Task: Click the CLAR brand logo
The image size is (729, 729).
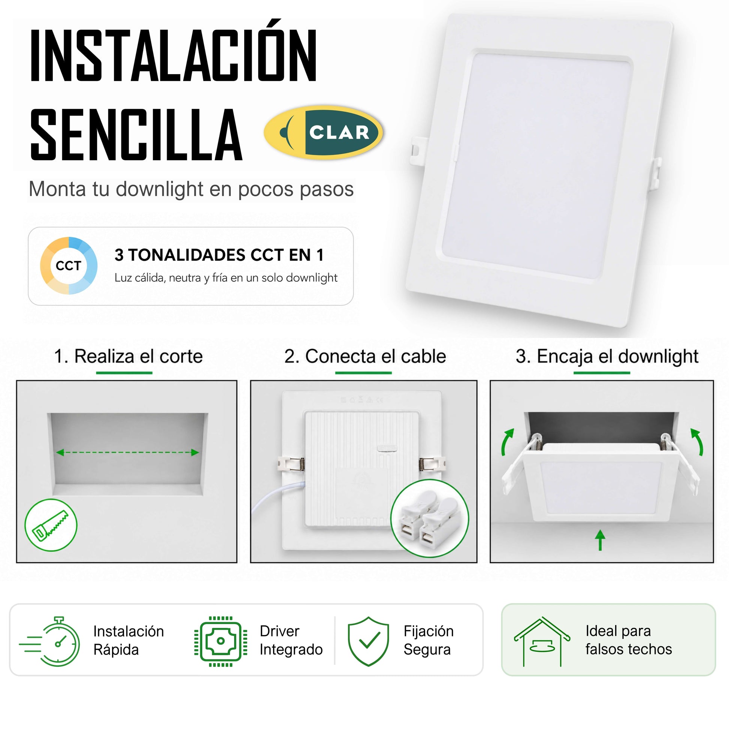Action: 323,132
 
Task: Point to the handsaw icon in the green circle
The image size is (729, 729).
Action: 51,525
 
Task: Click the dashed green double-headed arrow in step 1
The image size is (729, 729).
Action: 127,453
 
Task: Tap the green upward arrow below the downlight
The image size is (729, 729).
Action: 600,539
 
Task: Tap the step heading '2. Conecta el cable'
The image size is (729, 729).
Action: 365,357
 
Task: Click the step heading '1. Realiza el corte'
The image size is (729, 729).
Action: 128,357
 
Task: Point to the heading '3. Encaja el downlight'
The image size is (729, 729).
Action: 607,357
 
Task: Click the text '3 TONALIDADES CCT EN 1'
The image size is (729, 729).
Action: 219,255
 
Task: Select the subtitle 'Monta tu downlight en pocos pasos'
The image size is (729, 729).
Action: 191,189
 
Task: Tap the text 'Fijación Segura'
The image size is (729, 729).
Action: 428,640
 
